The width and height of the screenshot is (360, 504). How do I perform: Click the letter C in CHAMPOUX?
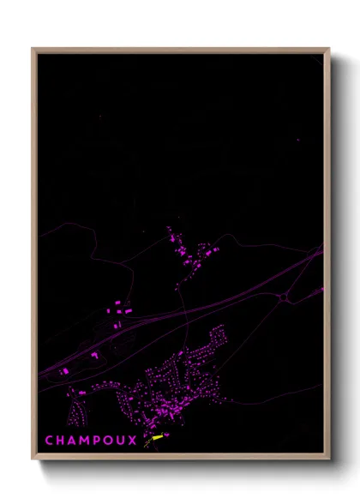[49, 441]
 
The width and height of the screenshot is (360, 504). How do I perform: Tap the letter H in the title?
[62, 441]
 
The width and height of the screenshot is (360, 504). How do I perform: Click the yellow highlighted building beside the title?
[157, 437]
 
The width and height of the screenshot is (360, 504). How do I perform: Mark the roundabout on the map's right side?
[284, 297]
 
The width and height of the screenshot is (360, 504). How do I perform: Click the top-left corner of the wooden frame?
[33, 50]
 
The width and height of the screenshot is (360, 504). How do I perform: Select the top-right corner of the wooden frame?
[328, 50]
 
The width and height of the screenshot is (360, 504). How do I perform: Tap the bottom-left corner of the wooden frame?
[33, 459]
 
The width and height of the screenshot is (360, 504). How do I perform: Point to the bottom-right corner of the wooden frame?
[328, 459]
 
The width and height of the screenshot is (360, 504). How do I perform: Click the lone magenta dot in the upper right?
[297, 139]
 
